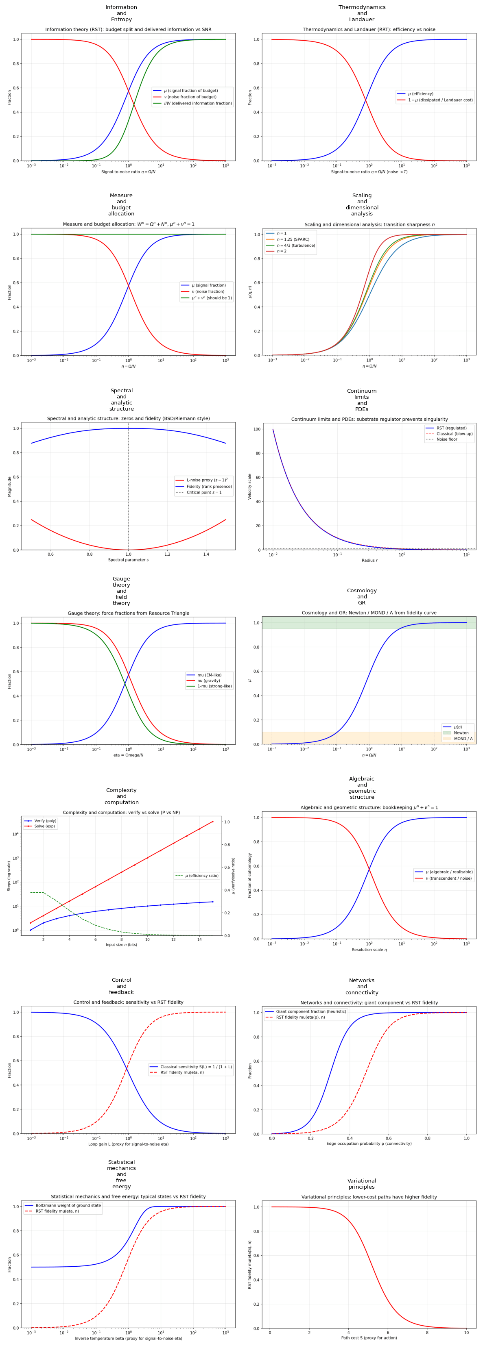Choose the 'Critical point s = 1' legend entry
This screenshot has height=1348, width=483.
204,492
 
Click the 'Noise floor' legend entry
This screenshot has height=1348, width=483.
446,439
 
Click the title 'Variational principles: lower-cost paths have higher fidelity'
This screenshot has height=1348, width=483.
361,1197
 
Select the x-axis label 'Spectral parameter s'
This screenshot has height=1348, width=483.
128,560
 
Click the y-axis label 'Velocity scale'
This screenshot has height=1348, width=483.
250,486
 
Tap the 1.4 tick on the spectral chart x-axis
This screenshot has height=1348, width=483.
206,554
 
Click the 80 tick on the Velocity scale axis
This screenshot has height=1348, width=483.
257,453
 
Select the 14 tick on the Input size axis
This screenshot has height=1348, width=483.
199,939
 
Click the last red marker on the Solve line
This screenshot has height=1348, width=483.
212,822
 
